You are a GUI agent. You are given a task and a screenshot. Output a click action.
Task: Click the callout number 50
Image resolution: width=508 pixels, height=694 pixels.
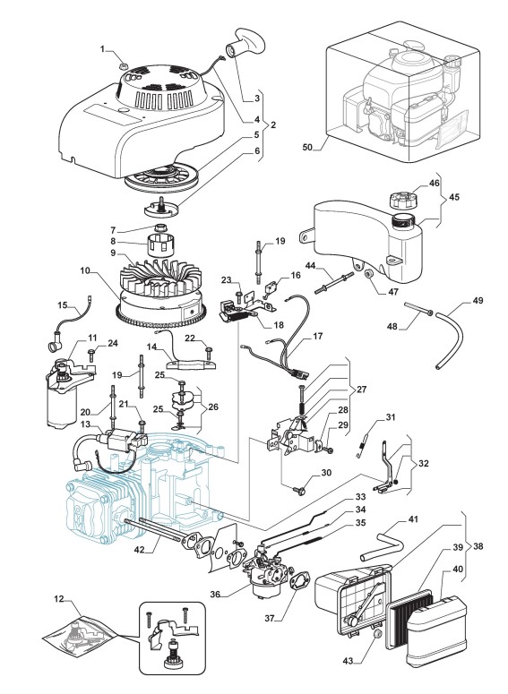[x=307, y=147]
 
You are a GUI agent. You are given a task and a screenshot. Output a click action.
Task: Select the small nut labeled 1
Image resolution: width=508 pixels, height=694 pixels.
[x=124, y=66]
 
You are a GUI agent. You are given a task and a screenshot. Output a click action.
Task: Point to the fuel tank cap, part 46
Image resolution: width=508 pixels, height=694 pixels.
[x=402, y=199]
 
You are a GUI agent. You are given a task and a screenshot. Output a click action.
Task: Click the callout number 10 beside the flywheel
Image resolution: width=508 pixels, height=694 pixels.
[x=86, y=270]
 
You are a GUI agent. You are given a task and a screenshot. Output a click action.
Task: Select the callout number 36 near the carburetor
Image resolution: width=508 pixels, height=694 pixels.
[x=215, y=594]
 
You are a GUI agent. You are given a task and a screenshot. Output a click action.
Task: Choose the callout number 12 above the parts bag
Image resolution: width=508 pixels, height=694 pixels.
[x=59, y=599]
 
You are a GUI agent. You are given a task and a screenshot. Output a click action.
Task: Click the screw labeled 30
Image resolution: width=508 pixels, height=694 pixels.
[x=299, y=490]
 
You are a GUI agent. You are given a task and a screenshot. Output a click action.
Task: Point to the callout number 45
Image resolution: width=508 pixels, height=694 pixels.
[x=454, y=197]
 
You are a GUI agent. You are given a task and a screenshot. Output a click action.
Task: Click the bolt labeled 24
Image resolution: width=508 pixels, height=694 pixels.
[x=91, y=355]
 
